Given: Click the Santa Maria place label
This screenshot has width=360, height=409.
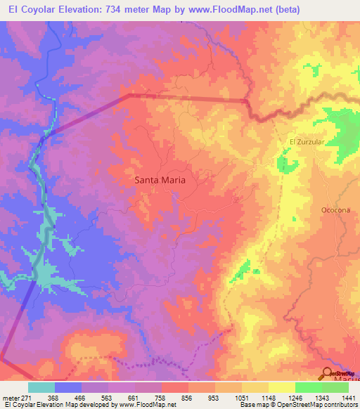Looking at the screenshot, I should [x=160, y=180].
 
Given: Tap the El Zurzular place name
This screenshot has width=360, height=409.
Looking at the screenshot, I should [x=306, y=141].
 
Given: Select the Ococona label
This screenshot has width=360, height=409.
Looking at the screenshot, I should [x=335, y=210].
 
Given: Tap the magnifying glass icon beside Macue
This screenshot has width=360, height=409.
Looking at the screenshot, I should [x=328, y=374].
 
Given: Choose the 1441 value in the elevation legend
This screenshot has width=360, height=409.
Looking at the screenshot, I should [x=347, y=398].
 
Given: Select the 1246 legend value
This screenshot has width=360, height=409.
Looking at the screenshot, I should [x=294, y=398].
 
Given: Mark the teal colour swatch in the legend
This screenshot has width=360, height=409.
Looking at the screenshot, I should [x=41, y=387].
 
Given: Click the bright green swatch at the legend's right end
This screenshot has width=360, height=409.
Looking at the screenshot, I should [x=335, y=387].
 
